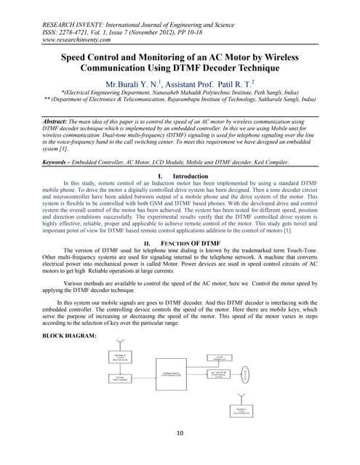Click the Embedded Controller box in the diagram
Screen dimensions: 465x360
coord(170,375)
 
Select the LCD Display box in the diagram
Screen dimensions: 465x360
coord(220,359)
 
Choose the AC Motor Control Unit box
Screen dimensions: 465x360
coord(220,374)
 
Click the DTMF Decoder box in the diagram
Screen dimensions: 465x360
coord(120,379)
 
